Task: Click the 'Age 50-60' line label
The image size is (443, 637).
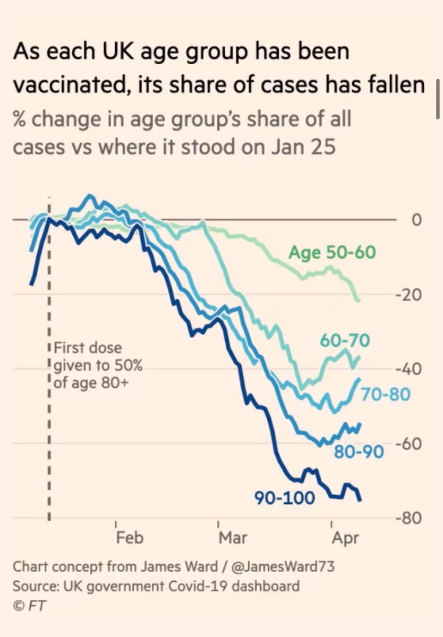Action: click(332, 252)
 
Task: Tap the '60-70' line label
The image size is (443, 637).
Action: click(344, 340)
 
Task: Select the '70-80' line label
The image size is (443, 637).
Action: click(386, 394)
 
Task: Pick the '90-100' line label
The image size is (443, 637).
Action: click(284, 498)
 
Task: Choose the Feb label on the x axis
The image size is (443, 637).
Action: click(130, 537)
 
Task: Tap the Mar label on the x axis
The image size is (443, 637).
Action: click(233, 537)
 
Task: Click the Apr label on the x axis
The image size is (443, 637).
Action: click(346, 537)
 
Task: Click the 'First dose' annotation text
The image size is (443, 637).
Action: click(88, 349)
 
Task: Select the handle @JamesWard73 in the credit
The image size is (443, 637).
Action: click(285, 566)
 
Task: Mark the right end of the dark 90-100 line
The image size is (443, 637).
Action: click(361, 500)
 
